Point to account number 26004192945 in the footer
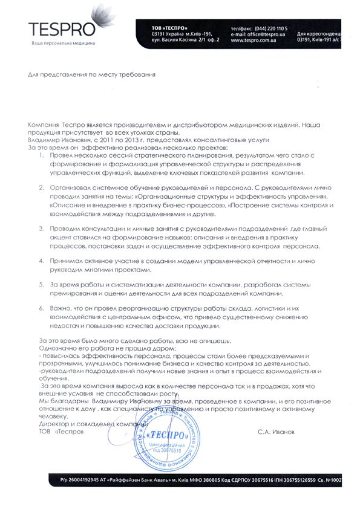[83, 481]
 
